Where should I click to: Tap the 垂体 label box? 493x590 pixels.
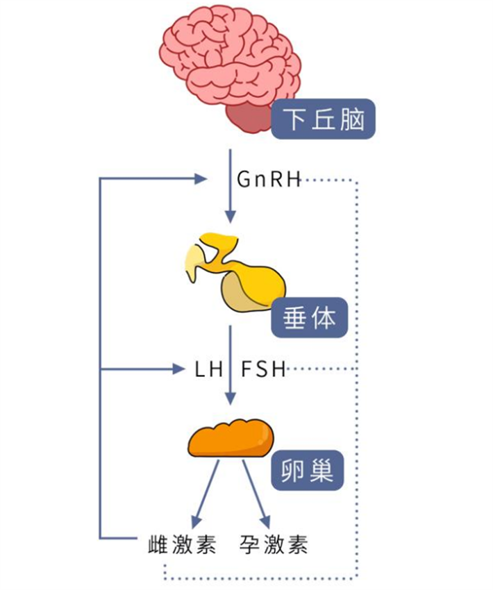point(309,318)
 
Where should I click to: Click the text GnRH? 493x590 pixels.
point(268,180)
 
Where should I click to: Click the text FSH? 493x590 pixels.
point(263,369)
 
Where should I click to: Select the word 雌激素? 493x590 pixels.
point(183,543)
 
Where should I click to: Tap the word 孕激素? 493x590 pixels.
point(274,543)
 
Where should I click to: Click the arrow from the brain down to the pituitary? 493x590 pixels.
point(230,187)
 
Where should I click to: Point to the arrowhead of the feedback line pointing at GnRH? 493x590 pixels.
point(201,179)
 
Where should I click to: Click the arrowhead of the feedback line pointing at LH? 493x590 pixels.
point(186,369)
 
